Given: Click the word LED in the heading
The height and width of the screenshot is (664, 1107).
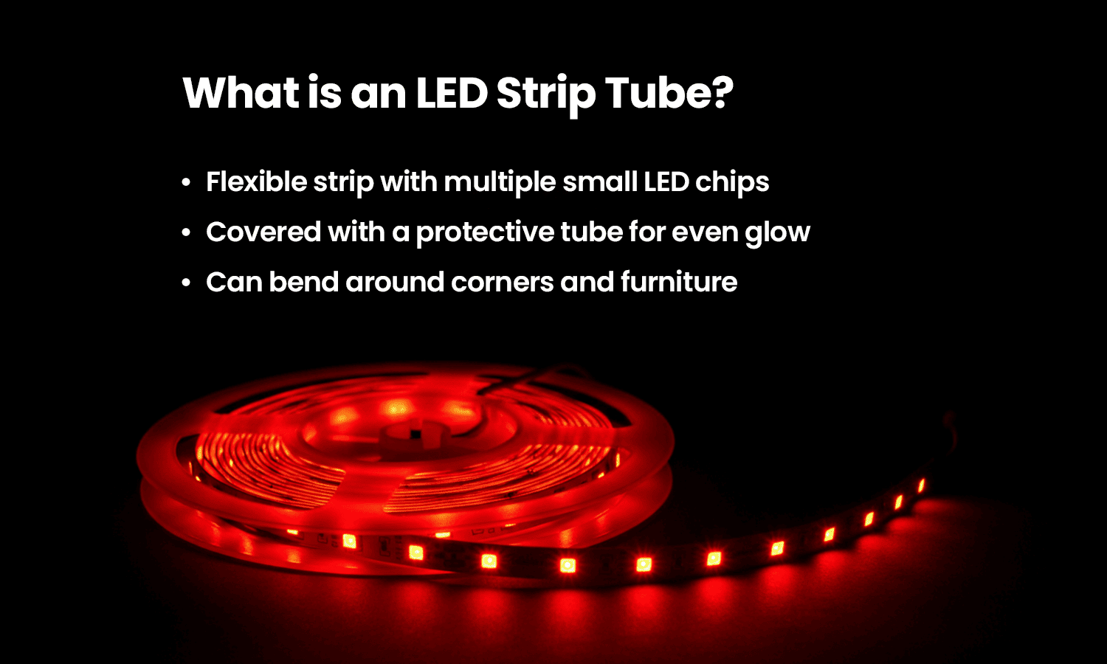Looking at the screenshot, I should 451,93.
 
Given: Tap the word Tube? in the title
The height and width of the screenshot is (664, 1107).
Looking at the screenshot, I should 669,93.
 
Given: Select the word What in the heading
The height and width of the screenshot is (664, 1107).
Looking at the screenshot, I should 241,93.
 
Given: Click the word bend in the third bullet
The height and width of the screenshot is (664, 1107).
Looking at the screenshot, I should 303,282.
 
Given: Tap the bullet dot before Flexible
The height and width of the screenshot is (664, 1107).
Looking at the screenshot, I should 187,182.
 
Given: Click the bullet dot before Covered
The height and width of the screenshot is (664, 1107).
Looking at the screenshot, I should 187,232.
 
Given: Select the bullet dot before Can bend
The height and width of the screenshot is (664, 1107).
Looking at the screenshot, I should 187,283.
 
